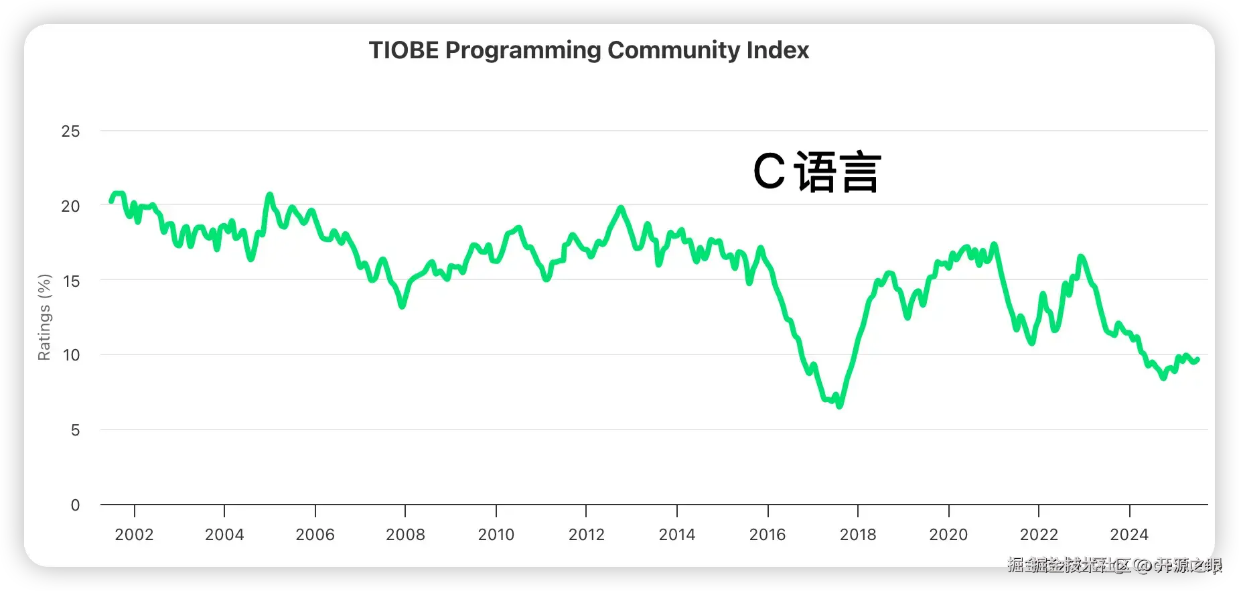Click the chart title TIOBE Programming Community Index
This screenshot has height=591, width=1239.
click(x=589, y=50)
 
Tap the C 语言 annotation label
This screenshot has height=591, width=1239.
click(x=816, y=172)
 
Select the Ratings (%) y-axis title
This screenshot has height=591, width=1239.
click(x=44, y=317)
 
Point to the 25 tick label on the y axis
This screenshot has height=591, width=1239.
click(x=70, y=131)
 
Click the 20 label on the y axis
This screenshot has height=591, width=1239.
click(x=70, y=206)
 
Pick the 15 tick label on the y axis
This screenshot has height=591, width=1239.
click(x=70, y=281)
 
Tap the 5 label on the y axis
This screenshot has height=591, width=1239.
click(x=75, y=430)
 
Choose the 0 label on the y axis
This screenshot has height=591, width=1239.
click(x=75, y=505)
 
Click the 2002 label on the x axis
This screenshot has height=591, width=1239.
click(x=134, y=535)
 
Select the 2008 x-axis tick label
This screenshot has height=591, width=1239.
click(x=405, y=535)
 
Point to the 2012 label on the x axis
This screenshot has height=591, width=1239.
click(x=586, y=535)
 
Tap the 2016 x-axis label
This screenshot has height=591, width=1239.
click(x=767, y=535)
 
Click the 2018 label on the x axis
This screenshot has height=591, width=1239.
click(x=858, y=535)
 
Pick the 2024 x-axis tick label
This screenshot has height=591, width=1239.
click(x=1129, y=535)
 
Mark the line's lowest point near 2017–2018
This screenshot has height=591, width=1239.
click(x=839, y=405)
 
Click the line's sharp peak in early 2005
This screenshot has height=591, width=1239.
click(x=269, y=195)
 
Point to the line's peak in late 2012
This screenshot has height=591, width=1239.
click(x=621, y=208)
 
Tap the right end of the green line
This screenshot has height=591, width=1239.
click(x=1197, y=360)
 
